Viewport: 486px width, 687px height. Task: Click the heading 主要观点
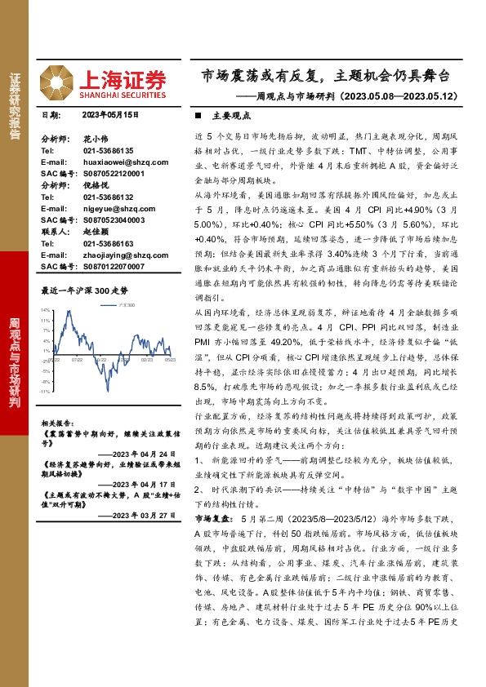pyautogui.click(x=230, y=116)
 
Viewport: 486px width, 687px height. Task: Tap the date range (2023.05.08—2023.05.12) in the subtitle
pyautogui.click(x=392, y=97)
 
